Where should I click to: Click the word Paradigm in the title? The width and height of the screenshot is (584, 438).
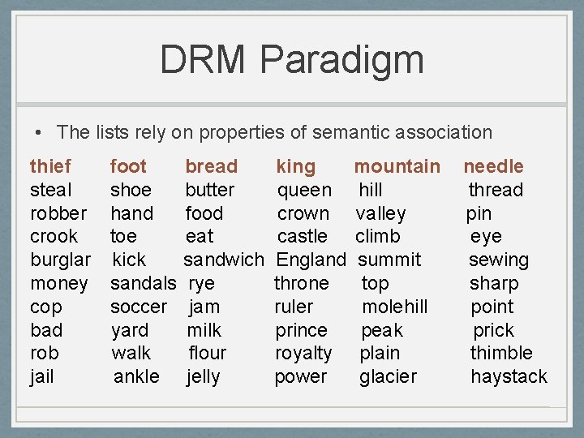coord(342,60)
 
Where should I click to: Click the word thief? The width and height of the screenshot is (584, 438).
coord(50,166)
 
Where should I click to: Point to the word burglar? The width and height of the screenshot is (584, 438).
coord(60,260)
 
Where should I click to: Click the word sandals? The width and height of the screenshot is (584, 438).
coord(143,283)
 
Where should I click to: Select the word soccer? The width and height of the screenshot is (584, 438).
coord(139,307)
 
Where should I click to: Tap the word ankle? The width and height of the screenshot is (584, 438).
coord(136,376)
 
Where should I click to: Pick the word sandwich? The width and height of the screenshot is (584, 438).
coord(223,260)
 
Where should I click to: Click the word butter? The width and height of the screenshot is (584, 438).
coord(210,190)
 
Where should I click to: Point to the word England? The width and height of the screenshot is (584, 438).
coord(311,260)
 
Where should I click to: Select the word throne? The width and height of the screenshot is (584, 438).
coord(302,283)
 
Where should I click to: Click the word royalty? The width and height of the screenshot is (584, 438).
coord(303,353)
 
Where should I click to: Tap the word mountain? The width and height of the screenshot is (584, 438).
coord(397,166)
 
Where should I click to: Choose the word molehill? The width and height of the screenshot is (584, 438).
coord(394,307)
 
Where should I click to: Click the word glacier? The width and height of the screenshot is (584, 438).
coord(388,376)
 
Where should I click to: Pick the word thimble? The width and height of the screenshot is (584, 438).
coord(501,353)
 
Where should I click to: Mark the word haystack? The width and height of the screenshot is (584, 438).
coord(509,376)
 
